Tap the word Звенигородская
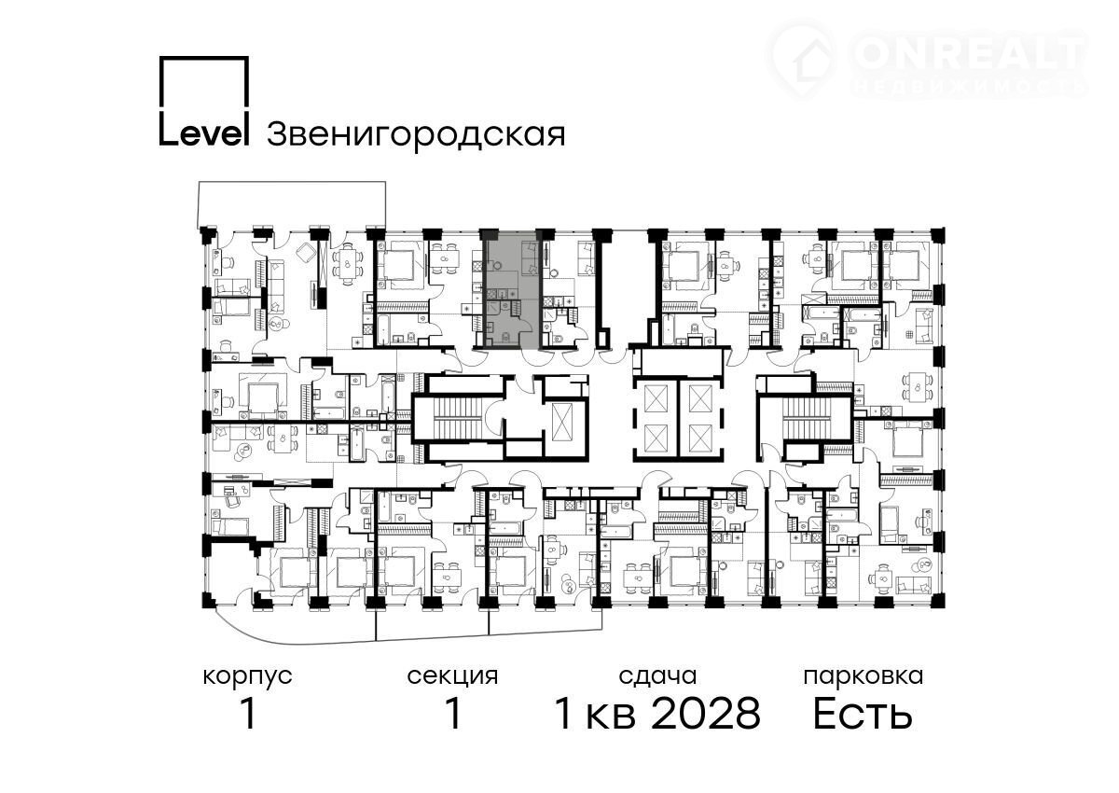point(416,134)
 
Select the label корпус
point(247,677)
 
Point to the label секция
point(452,677)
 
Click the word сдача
point(657,677)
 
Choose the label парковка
point(863,677)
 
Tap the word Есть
point(863,715)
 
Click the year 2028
point(707,714)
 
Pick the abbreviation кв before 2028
point(611,718)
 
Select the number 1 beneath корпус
point(248,714)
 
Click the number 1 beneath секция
point(453,714)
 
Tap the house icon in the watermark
point(802,61)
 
